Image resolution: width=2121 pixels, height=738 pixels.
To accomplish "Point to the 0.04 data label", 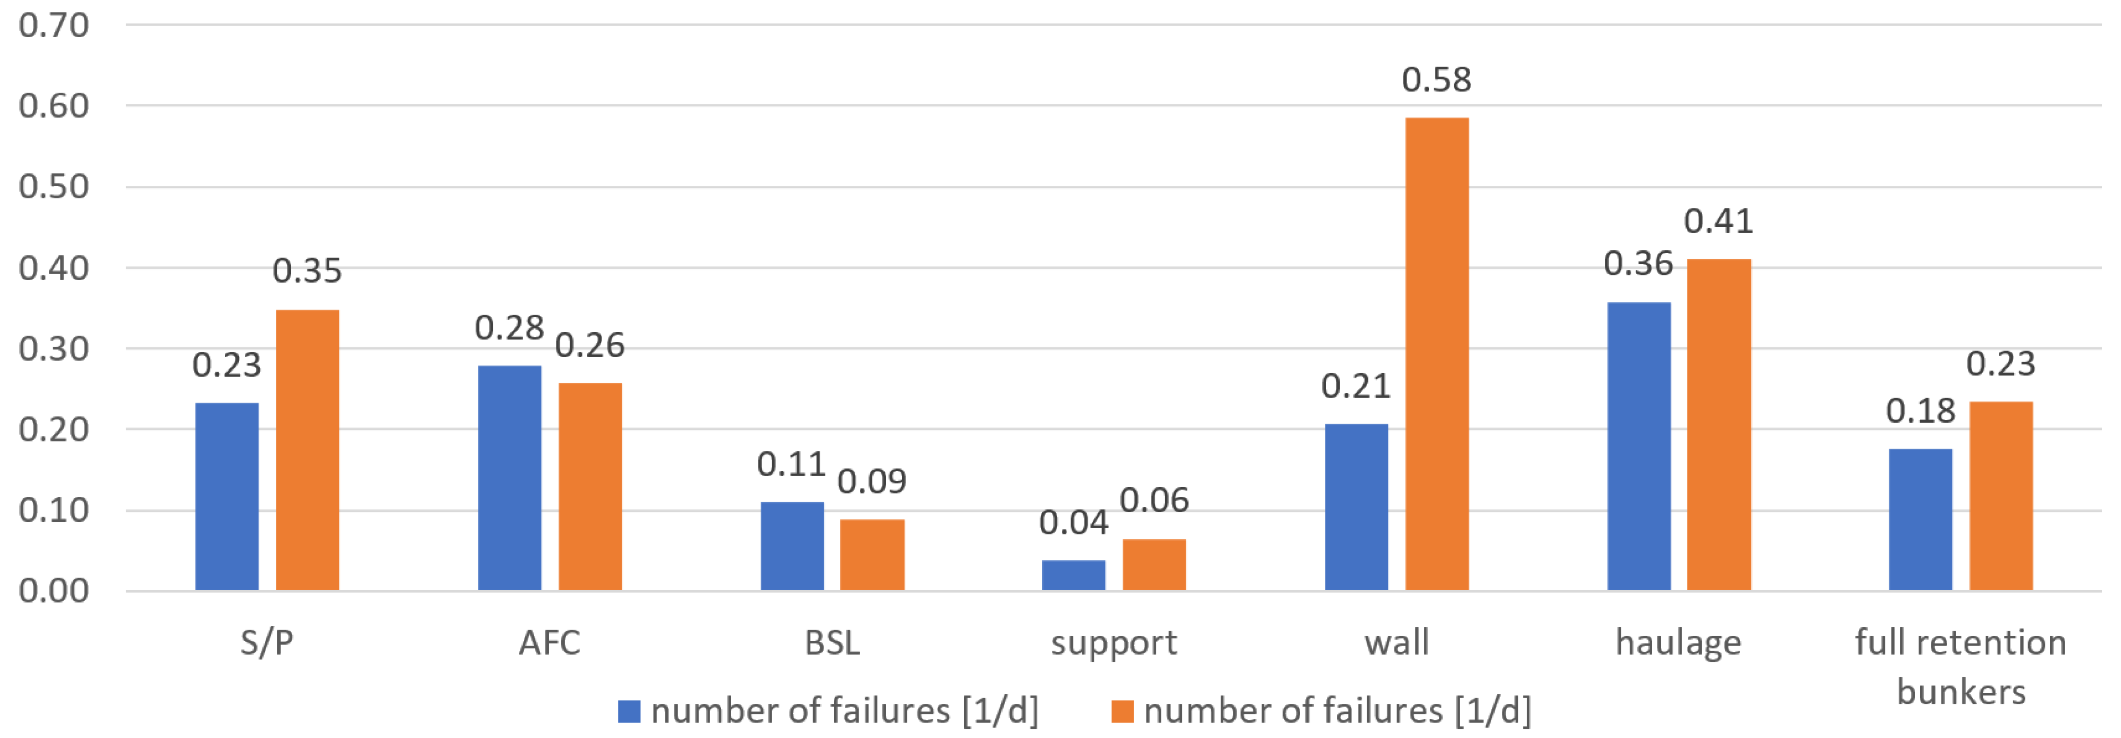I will (x=1073, y=522).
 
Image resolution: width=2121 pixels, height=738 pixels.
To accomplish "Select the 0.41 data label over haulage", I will (x=1719, y=221).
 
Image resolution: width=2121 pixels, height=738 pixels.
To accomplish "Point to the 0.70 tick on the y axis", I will (x=53, y=26).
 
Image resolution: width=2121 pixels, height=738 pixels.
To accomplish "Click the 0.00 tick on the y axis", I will (x=53, y=591).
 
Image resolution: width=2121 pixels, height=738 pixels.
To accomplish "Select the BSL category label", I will (x=832, y=643).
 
